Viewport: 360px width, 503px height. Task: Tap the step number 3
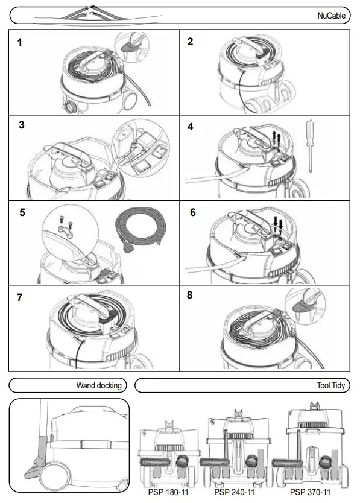(21, 125)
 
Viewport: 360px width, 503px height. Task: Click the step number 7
(21, 298)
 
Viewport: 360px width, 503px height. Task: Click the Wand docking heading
(98, 385)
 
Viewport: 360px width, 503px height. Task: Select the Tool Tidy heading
(330, 385)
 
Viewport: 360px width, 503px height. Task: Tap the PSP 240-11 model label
(235, 492)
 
